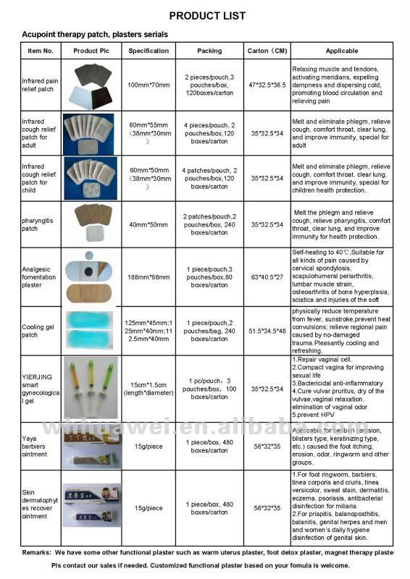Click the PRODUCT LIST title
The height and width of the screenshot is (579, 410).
[x=206, y=15]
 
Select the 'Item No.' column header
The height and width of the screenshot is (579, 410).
[x=41, y=51]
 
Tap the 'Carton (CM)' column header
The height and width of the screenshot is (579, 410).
[x=267, y=51]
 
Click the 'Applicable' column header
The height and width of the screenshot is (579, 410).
[x=341, y=51]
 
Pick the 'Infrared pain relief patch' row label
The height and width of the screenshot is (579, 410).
[x=41, y=85]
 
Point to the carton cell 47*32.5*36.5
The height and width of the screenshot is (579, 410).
[x=267, y=85]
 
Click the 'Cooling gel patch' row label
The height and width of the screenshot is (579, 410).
[x=38, y=331]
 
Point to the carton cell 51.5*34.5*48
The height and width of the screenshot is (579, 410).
[x=267, y=331]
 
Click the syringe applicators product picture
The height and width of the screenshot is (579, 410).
[x=91, y=387]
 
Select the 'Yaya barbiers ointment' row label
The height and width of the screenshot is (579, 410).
[x=38, y=443]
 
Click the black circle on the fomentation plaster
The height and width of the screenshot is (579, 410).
[x=93, y=269]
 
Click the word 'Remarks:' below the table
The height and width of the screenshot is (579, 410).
[x=37, y=552]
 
